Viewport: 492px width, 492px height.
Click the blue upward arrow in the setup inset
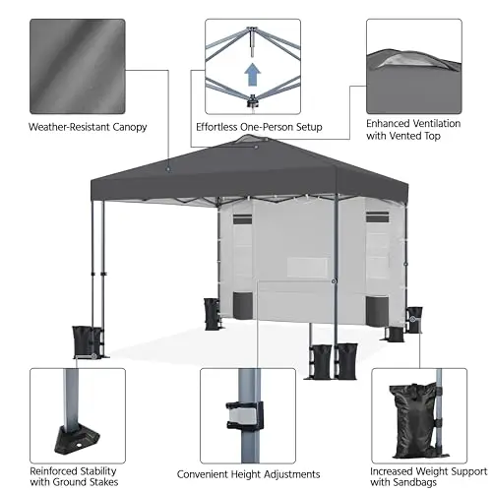point(253,75)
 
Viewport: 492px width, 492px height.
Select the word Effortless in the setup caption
point(216,127)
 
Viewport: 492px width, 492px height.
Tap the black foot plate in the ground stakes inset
point(78,440)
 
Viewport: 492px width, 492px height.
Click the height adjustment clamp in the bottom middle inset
point(245,415)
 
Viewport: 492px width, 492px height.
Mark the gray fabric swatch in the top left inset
point(78,67)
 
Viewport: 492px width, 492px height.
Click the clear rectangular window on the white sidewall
point(307,268)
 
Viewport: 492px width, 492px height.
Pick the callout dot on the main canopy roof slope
point(168,169)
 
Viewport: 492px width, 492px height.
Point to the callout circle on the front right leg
point(334,281)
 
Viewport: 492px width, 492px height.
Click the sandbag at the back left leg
point(212,314)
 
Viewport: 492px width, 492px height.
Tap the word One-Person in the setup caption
point(267,127)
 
